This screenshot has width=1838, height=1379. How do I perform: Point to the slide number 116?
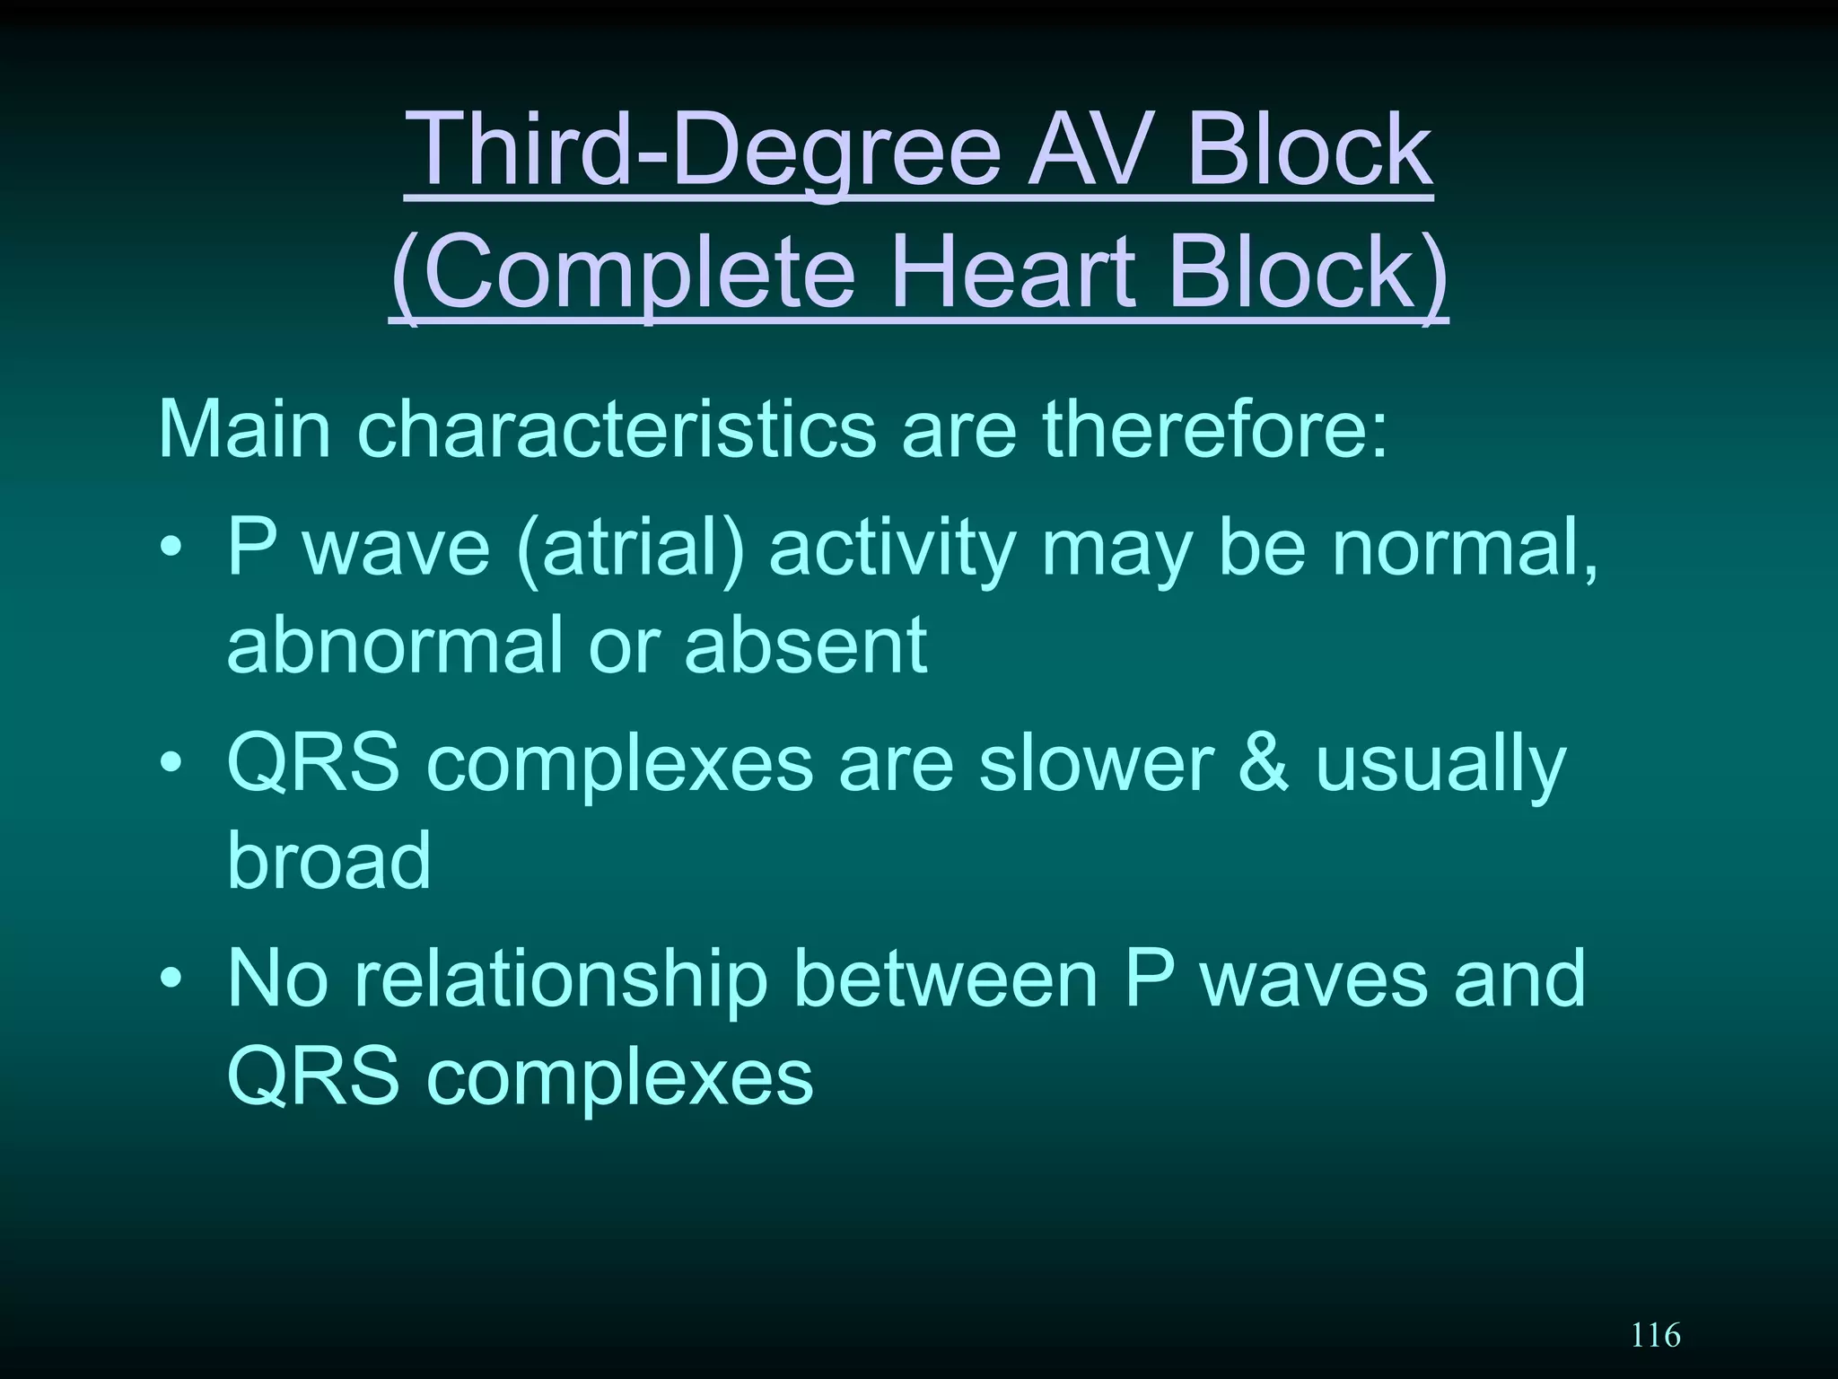[x=1655, y=1335]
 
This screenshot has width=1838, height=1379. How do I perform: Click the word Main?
[x=244, y=430]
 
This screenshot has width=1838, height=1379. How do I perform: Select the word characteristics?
[x=616, y=430]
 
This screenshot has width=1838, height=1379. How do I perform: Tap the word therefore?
[x=1214, y=430]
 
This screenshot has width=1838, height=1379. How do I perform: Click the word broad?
[x=328, y=859]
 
